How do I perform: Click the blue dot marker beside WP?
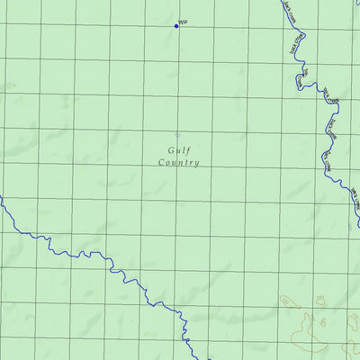tap(176, 25)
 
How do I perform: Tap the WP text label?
tap(183, 22)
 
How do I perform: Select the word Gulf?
tap(178, 151)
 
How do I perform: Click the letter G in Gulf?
tap(170, 151)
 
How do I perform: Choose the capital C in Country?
tap(161, 163)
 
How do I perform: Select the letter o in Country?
tap(167, 163)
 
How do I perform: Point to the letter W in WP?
tap(181, 22)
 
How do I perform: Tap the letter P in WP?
tap(185, 22)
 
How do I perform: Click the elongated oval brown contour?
tap(290, 301)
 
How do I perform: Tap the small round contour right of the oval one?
tap(320, 299)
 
